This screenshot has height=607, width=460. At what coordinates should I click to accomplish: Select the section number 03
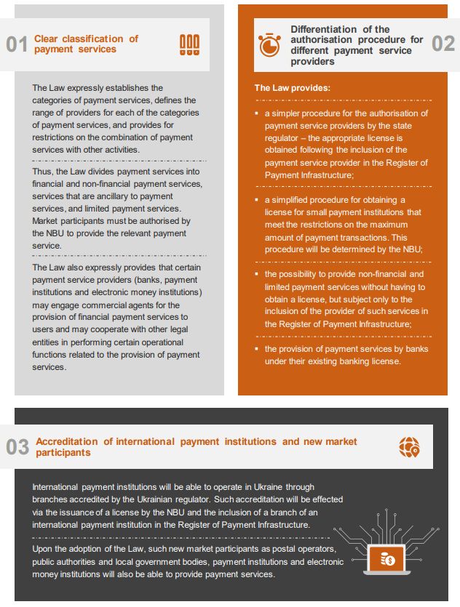coord(17,447)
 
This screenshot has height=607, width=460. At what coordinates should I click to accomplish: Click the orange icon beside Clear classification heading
coord(189,44)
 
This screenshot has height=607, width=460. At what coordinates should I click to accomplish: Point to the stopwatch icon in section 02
coord(269,44)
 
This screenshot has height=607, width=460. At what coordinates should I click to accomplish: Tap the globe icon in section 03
coord(409,447)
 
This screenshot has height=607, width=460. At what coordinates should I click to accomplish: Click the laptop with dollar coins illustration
coord(388,558)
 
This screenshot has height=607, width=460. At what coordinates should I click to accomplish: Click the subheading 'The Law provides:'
coord(292,88)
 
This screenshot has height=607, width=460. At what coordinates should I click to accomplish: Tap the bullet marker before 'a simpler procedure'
coord(257,113)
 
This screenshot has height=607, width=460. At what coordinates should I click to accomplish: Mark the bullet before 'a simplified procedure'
coord(257,200)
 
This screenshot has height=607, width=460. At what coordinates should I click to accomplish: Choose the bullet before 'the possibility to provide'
coord(257,275)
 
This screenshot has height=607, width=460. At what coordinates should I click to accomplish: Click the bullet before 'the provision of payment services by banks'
coord(257,350)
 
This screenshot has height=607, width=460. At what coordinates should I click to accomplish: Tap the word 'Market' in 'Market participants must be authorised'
coord(46,221)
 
